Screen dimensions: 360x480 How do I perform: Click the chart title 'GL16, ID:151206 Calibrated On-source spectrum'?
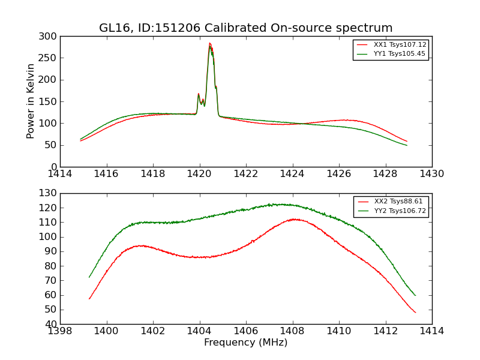(x=246, y=28)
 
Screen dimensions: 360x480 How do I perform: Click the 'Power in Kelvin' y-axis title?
(x=31, y=101)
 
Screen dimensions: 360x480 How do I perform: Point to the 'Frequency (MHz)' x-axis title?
(x=246, y=343)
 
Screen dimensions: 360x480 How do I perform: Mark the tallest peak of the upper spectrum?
(x=209, y=43)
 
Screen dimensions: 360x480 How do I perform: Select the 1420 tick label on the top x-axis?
(x=200, y=174)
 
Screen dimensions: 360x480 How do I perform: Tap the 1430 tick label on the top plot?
(x=432, y=174)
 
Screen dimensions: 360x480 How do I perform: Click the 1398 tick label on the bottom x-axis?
(x=60, y=331)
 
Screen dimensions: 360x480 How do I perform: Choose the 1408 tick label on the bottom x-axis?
(x=293, y=331)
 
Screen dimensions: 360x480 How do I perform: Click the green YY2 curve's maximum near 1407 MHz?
(x=271, y=204)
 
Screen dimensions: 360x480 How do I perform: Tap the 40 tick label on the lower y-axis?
(x=52, y=325)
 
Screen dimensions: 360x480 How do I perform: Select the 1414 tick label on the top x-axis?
(x=60, y=174)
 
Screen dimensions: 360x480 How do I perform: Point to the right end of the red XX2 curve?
(x=415, y=312)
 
